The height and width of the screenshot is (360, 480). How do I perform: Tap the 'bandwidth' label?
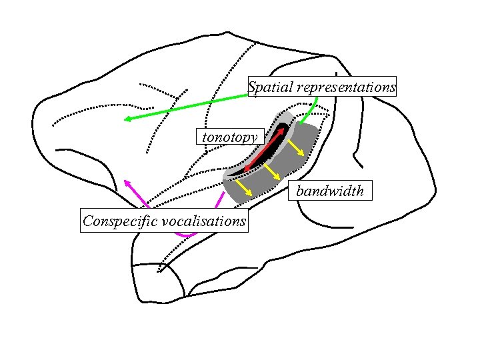pyautogui.click(x=330, y=191)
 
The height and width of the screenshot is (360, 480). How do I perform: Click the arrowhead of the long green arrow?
pyautogui.click(x=127, y=119)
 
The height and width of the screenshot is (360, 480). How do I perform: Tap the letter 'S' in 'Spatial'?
pyautogui.click(x=252, y=87)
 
